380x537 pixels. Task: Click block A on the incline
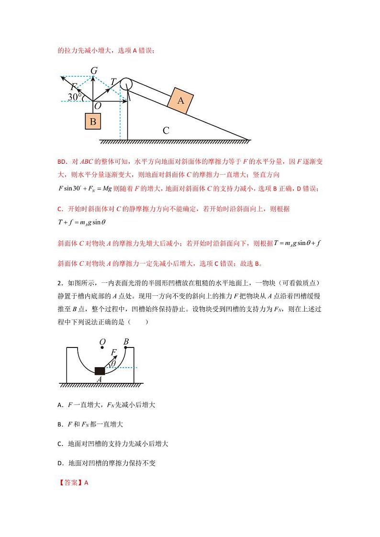[x=180, y=101]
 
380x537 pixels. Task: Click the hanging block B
[x=93, y=122]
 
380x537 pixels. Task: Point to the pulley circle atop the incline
[x=125, y=84]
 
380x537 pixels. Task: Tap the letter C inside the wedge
[x=166, y=130]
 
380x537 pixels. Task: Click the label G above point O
[x=94, y=71]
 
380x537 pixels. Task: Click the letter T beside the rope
[x=113, y=81]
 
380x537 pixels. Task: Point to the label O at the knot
[x=97, y=106]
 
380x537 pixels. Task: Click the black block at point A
[x=100, y=370]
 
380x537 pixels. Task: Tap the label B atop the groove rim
[x=126, y=342]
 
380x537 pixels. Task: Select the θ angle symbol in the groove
[x=113, y=364]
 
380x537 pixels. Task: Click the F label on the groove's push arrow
[x=113, y=353]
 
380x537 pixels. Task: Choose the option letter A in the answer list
[x=59, y=405]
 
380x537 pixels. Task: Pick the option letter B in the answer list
[x=59, y=424]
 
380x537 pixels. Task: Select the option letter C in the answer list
[x=59, y=444]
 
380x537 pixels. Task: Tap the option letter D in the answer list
[x=59, y=463]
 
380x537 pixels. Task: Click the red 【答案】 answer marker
[x=70, y=482]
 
